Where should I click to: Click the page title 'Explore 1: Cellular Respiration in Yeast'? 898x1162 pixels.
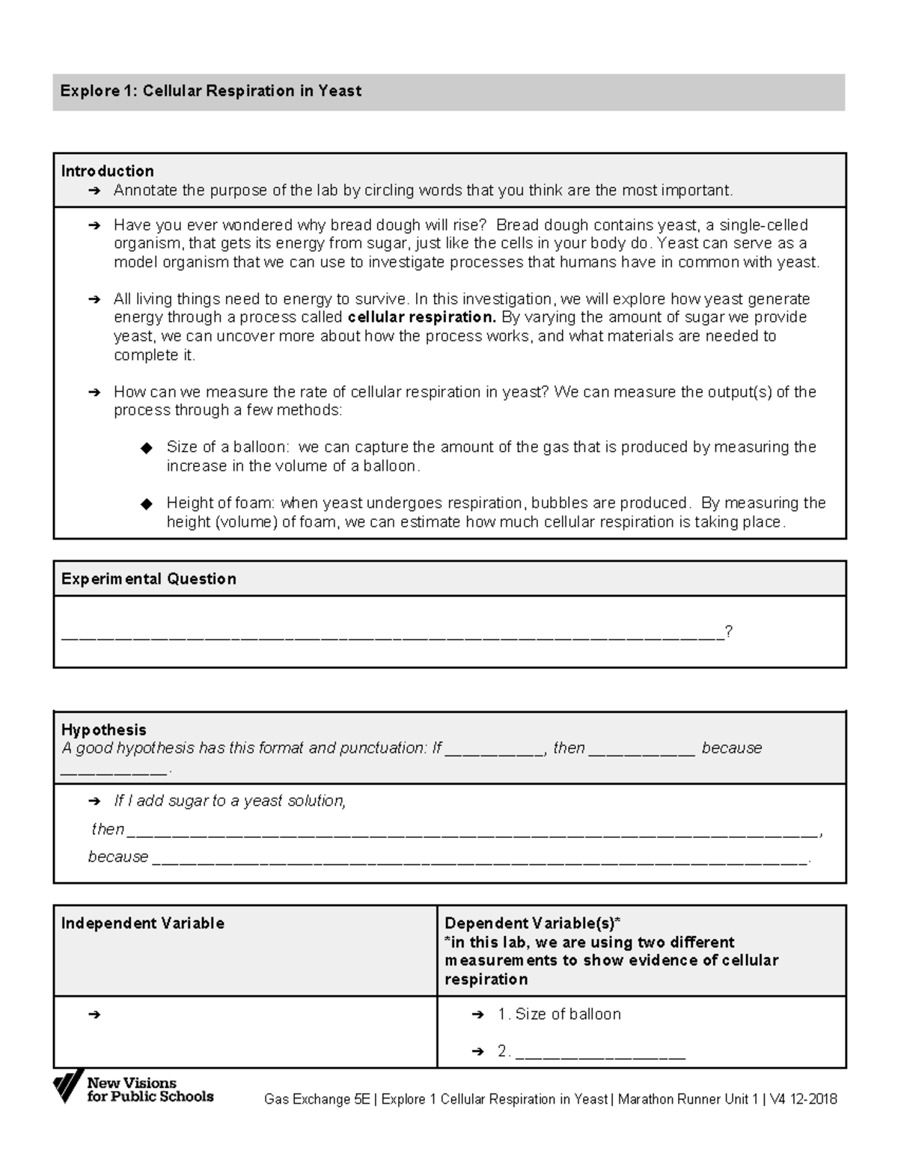[210, 91]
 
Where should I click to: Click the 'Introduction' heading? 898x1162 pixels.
[107, 171]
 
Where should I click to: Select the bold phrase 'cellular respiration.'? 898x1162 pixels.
[422, 317]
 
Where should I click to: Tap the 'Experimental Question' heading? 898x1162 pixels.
[148, 579]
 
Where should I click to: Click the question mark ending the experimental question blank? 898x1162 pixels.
[728, 632]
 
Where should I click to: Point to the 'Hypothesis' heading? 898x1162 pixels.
[103, 730]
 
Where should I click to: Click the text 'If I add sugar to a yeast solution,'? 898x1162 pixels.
[230, 801]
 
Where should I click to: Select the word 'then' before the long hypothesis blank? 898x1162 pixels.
[107, 829]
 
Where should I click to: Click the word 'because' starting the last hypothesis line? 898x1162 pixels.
[118, 857]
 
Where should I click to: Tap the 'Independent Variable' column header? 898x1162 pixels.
[142, 923]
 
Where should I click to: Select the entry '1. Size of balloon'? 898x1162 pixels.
[559, 1015]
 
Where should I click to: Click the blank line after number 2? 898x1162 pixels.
[600, 1053]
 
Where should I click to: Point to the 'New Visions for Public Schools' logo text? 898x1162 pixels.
[149, 1089]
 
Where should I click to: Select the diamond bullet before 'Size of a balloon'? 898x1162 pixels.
[147, 448]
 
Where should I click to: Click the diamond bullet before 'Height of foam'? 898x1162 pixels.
[147, 504]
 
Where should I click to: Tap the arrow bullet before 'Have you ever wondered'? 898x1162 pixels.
[94, 225]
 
